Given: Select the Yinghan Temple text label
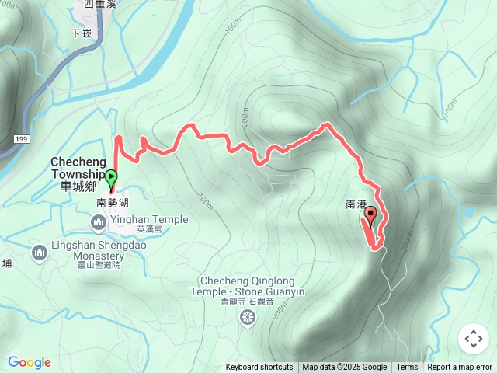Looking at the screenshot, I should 149,220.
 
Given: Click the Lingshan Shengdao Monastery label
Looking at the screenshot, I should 88,251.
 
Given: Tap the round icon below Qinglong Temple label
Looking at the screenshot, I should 248,316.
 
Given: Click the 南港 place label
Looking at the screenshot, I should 355,204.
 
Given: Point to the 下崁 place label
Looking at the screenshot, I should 81,33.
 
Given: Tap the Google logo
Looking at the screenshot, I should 30,362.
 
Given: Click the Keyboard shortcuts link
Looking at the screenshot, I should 259,368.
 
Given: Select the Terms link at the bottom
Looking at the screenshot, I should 407,368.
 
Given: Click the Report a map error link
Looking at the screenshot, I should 460,368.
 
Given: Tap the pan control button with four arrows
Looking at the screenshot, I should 473,339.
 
